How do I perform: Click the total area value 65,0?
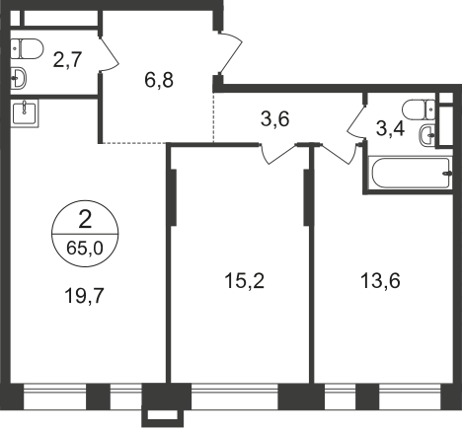83,239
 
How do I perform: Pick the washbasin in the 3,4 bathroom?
428,135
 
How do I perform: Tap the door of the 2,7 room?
108,55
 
